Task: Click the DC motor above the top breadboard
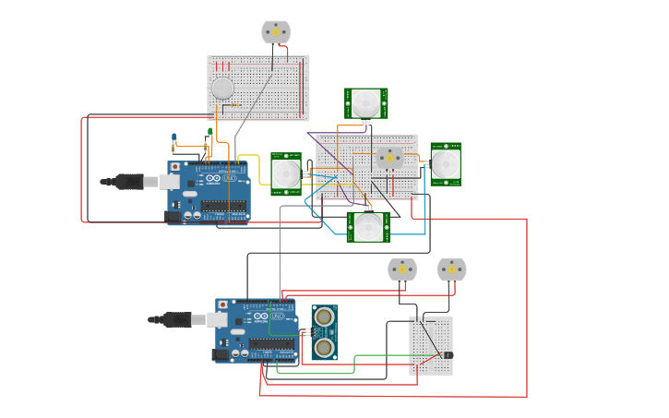click(x=275, y=31)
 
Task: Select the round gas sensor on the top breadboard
click(x=222, y=89)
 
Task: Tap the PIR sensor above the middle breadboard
click(x=366, y=102)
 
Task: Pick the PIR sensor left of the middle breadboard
click(x=286, y=173)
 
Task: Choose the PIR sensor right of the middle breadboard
click(x=446, y=163)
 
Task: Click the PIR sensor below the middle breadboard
click(x=368, y=226)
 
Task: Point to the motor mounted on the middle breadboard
click(x=389, y=159)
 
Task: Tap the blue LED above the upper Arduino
click(x=173, y=138)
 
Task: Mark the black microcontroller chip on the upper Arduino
click(x=224, y=205)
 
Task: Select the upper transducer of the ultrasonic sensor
click(x=324, y=317)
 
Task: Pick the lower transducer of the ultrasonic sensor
click(x=324, y=347)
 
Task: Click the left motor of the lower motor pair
click(x=401, y=269)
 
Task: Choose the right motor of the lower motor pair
click(x=451, y=269)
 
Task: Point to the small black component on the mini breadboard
click(x=448, y=354)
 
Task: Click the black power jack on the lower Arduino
click(x=220, y=354)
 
